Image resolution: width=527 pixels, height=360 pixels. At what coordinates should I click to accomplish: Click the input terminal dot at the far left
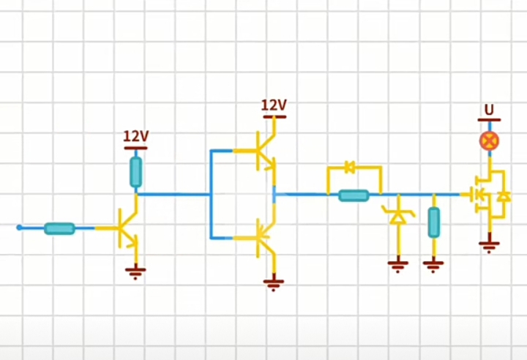pyautogui.click(x=19, y=227)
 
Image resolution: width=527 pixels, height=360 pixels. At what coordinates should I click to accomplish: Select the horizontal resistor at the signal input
pyautogui.click(x=59, y=228)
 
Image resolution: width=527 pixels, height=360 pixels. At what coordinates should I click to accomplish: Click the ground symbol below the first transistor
pyautogui.click(x=135, y=273)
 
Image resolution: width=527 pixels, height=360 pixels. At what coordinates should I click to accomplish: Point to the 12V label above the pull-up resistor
pyautogui.click(x=135, y=136)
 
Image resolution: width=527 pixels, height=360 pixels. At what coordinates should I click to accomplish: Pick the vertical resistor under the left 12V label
pyautogui.click(x=135, y=171)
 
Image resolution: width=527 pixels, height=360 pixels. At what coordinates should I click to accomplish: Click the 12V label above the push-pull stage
pyautogui.click(x=274, y=105)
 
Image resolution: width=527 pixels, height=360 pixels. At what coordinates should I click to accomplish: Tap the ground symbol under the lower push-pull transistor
pyautogui.click(x=274, y=283)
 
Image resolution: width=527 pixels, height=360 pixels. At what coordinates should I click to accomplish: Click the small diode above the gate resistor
pyautogui.click(x=350, y=168)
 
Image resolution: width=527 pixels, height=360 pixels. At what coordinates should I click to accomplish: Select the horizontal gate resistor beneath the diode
pyautogui.click(x=354, y=195)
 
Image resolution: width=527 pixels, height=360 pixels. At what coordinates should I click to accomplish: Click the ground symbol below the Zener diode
pyautogui.click(x=398, y=265)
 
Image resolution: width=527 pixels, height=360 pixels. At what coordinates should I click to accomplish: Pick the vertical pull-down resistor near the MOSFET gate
pyautogui.click(x=433, y=222)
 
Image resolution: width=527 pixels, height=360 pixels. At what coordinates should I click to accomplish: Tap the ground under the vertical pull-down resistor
pyautogui.click(x=433, y=265)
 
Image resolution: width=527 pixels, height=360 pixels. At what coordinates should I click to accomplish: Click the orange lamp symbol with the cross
pyautogui.click(x=489, y=140)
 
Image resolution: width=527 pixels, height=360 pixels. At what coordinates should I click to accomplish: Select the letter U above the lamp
pyautogui.click(x=489, y=110)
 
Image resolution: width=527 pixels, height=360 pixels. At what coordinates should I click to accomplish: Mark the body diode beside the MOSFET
pyautogui.click(x=504, y=196)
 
